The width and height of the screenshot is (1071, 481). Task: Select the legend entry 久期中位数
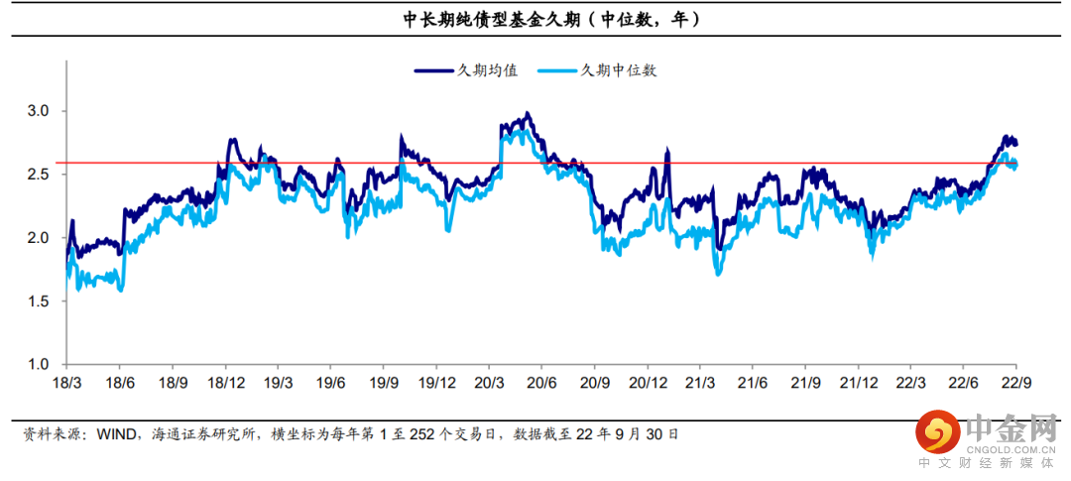click(x=619, y=70)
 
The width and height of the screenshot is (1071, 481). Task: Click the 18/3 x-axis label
click(x=67, y=383)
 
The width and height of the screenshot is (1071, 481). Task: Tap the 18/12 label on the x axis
click(x=226, y=383)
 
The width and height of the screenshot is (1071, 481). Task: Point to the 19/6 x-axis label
click(x=330, y=383)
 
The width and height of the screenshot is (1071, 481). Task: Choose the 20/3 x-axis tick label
click(x=489, y=383)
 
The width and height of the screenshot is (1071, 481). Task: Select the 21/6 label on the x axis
click(x=753, y=383)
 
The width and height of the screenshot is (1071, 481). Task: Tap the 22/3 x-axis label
click(x=911, y=383)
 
